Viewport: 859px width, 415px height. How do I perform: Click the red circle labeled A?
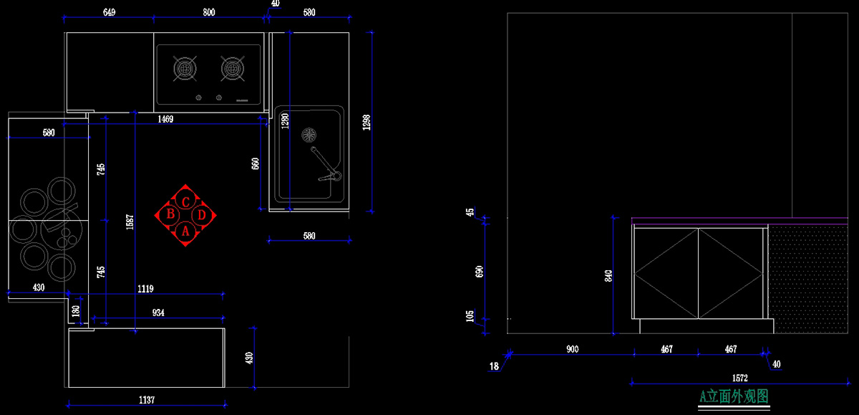point(185,231)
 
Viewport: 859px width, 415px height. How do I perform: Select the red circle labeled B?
point(171,214)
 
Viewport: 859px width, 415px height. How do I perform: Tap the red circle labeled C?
point(185,201)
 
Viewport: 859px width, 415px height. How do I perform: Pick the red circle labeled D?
point(202,214)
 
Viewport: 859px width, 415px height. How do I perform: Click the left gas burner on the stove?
point(185,69)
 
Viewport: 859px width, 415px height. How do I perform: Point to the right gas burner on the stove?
point(231,69)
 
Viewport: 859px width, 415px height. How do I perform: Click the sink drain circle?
point(309,133)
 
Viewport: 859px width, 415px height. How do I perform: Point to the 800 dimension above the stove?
point(208,12)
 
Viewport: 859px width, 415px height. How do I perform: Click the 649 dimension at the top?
point(110,12)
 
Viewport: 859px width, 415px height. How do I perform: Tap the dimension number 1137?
point(146,400)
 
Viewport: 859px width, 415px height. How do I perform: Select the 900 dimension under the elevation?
point(572,349)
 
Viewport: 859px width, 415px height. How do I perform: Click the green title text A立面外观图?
point(734,396)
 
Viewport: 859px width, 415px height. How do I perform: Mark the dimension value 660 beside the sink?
point(255,163)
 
